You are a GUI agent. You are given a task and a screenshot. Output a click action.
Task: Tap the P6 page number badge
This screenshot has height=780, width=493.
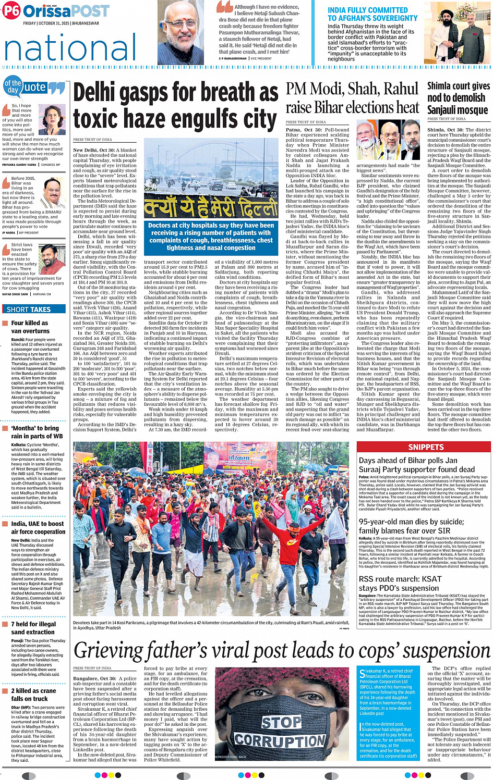point(11,11)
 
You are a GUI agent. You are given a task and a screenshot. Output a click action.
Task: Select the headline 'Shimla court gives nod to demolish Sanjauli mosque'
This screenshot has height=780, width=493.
point(458,98)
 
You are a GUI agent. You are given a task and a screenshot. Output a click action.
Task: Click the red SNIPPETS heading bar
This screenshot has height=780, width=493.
point(425,447)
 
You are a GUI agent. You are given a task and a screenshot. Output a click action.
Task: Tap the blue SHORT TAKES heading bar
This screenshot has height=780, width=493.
point(34,309)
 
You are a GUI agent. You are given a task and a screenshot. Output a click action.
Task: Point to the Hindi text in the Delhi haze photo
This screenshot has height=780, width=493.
point(211,208)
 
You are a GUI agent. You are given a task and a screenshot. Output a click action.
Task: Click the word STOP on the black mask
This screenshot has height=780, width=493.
point(281,722)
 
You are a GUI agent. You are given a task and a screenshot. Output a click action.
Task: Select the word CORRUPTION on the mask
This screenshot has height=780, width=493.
point(280,740)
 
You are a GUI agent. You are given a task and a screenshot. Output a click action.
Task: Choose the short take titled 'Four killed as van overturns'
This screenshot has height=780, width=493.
point(30,327)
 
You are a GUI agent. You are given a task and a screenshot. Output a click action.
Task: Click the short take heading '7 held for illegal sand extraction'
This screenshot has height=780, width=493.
point(33,628)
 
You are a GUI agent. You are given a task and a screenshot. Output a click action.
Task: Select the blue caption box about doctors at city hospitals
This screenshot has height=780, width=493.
point(211,237)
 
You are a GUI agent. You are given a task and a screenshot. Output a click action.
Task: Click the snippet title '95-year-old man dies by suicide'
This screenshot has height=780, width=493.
point(411,526)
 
